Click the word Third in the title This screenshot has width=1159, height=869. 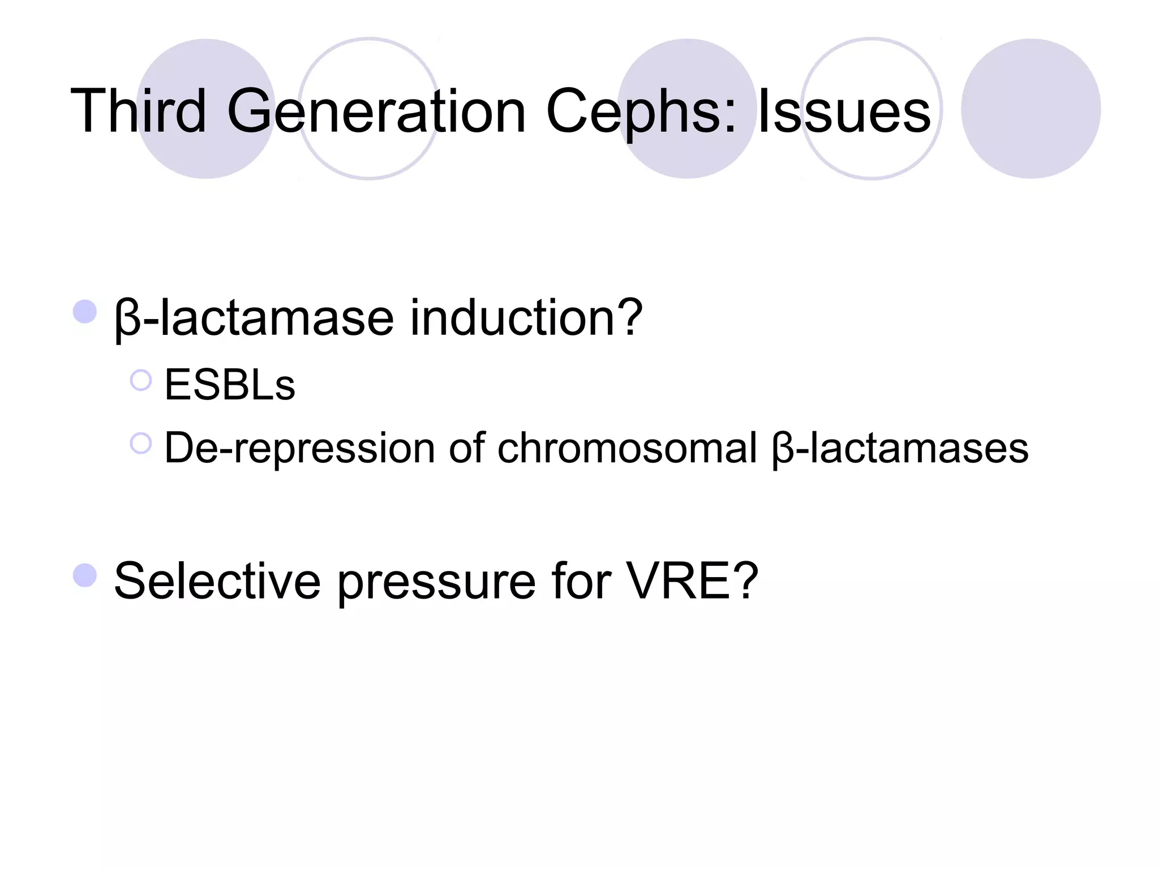click(x=139, y=111)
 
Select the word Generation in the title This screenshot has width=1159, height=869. click(x=377, y=111)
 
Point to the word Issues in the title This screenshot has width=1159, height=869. click(x=844, y=111)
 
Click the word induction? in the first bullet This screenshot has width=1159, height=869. click(x=526, y=318)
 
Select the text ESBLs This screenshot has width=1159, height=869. click(x=230, y=385)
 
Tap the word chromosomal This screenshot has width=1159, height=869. click(x=627, y=448)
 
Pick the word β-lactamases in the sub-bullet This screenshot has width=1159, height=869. click(x=900, y=449)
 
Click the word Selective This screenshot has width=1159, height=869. click(x=217, y=581)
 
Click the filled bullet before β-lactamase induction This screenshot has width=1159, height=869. click(x=85, y=312)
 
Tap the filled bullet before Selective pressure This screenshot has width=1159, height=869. click(x=85, y=575)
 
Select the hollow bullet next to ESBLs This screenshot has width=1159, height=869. click(x=141, y=381)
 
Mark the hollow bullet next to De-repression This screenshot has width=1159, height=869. click(x=141, y=444)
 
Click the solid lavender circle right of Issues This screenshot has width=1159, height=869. click(x=1031, y=109)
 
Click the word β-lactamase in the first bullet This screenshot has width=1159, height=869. click(x=254, y=318)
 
